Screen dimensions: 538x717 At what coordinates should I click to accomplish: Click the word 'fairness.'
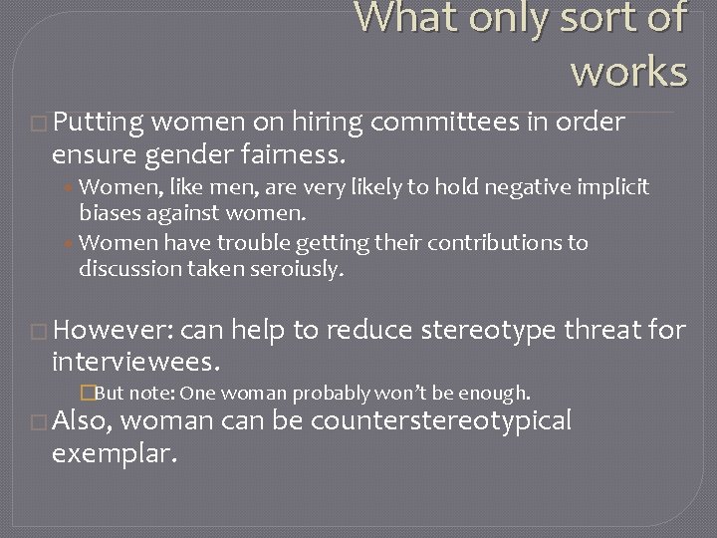(x=293, y=155)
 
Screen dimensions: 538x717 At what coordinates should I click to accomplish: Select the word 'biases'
(x=110, y=212)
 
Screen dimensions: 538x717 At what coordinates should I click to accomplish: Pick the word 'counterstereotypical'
(x=441, y=421)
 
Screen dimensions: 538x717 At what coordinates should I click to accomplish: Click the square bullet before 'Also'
(x=41, y=423)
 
